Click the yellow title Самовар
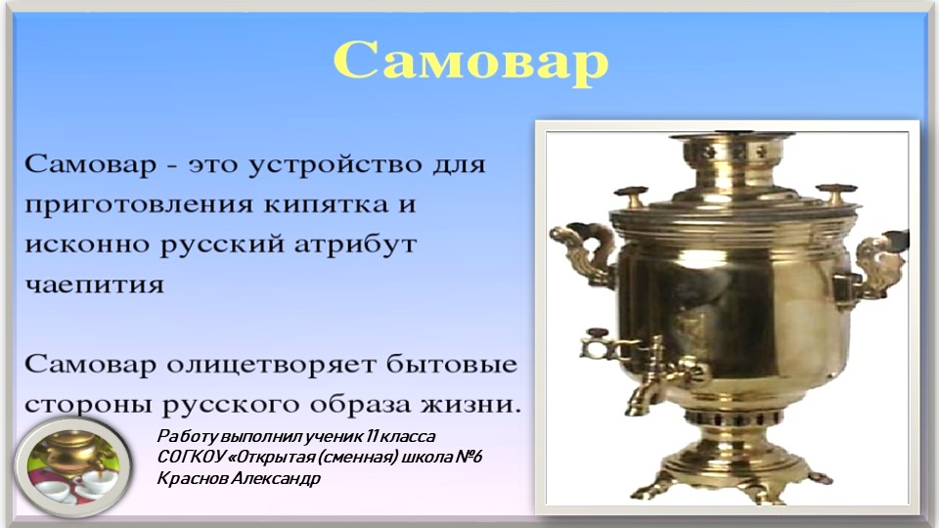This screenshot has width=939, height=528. (470, 61)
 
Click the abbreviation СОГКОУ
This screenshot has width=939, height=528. (187, 458)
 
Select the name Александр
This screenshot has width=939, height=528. (273, 479)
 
